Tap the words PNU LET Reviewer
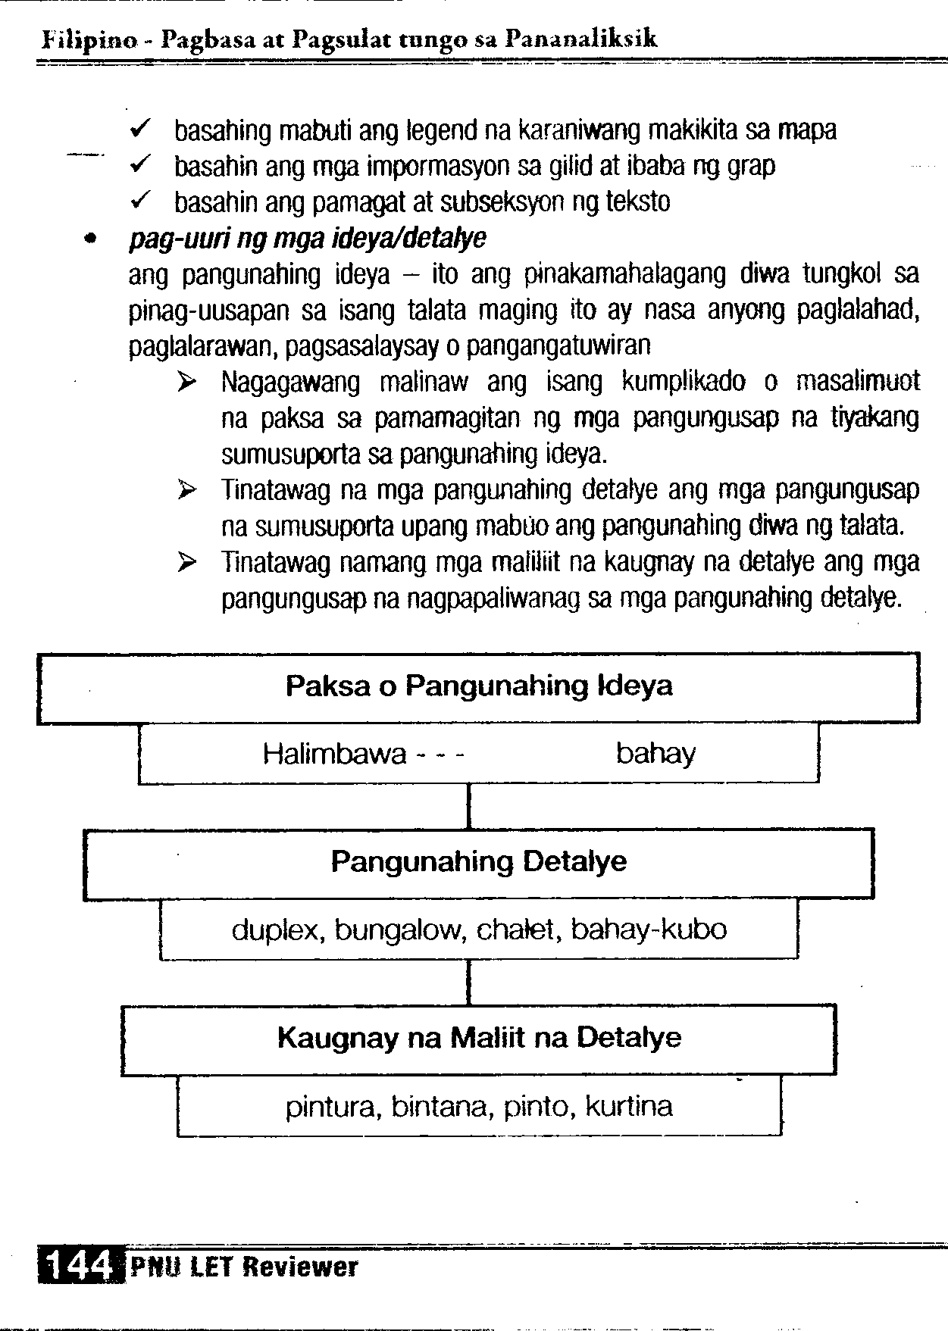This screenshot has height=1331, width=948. [243, 1267]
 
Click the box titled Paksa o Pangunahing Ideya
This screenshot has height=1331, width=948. [478, 686]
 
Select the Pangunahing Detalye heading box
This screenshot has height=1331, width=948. [478, 862]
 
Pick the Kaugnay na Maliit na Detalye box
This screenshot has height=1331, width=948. [478, 1038]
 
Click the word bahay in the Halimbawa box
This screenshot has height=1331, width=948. [655, 755]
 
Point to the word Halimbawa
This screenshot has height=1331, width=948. [334, 755]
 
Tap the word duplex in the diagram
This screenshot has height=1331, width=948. [277, 930]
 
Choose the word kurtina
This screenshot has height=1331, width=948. [629, 1107]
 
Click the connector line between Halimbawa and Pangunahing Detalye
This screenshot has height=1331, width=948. [470, 806]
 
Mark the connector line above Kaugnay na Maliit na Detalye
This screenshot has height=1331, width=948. [470, 983]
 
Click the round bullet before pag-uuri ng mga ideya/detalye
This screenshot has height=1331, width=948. [91, 239]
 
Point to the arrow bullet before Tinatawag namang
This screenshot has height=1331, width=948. [186, 563]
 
